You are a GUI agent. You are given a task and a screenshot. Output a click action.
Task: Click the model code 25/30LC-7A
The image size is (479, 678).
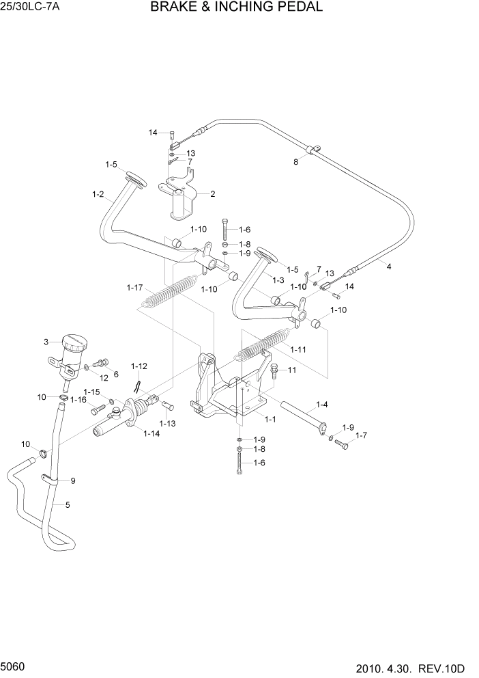point(30,8)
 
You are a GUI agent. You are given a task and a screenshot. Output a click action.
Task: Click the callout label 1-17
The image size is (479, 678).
point(134,288)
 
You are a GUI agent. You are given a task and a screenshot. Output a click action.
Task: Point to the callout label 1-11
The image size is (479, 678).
point(297,349)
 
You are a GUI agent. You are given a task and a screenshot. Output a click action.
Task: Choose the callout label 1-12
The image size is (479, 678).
point(139,366)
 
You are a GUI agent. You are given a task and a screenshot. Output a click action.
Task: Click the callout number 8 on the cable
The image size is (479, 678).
point(295,163)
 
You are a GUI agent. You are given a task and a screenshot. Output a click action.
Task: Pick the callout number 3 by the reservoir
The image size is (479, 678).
point(46,342)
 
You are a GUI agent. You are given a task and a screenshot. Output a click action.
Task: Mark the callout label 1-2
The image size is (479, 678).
point(98,195)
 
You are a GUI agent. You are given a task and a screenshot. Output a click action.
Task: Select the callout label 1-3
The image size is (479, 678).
point(278,280)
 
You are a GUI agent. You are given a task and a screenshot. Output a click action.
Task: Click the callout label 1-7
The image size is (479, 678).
point(361,435)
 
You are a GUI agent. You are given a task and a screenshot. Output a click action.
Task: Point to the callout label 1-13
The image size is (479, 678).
point(167,424)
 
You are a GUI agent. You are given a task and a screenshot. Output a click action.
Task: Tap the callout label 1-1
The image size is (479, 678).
point(270,418)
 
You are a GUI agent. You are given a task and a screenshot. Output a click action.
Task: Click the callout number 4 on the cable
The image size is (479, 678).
point(389,267)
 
